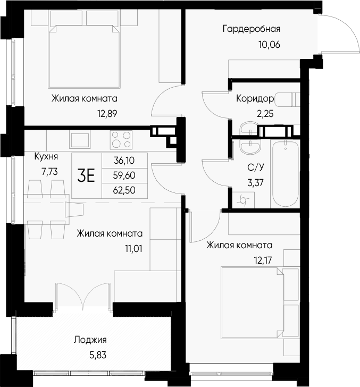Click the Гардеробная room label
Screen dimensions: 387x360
click(x=251, y=29)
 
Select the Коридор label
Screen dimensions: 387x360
click(x=255, y=99)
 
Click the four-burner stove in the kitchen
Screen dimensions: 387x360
click(x=121, y=140)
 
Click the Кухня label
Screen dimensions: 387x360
click(x=46, y=157)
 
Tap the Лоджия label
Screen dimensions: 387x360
click(x=90, y=340)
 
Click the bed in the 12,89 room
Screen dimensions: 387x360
click(x=83, y=56)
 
